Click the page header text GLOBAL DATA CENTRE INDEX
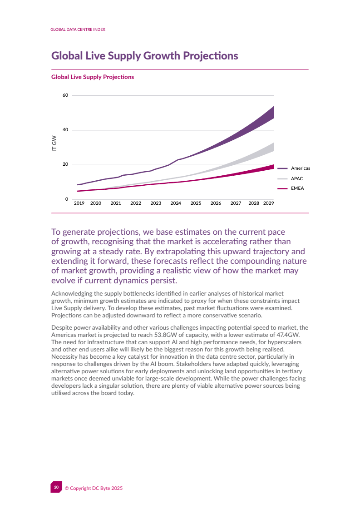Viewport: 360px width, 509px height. pyautogui.click(x=78, y=29)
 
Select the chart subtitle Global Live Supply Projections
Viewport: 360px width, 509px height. pyautogui.click(x=93, y=77)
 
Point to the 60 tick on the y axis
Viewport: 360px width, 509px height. pyautogui.click(x=65, y=95)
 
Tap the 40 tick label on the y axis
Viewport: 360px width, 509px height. pyautogui.click(x=65, y=130)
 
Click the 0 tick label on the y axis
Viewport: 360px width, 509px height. pyautogui.click(x=67, y=199)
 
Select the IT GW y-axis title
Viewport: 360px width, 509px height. pyautogui.click(x=54, y=143)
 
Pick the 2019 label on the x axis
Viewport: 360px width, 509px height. pyautogui.click(x=79, y=203)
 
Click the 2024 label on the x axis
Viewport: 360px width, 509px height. pyautogui.click(x=176, y=203)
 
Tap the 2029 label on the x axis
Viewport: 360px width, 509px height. pyautogui.click(x=268, y=203)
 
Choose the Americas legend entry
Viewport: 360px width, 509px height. pyautogui.click(x=300, y=168)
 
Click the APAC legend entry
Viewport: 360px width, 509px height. pyautogui.click(x=297, y=178)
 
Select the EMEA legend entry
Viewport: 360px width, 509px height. pyautogui.click(x=297, y=188)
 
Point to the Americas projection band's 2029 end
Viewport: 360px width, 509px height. pyautogui.click(x=273, y=112)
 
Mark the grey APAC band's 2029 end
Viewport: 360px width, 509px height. pyautogui.click(x=273, y=147)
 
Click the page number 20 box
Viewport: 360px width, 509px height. pyautogui.click(x=56, y=487)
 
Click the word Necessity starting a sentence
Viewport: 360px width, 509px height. pyautogui.click(x=67, y=356)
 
